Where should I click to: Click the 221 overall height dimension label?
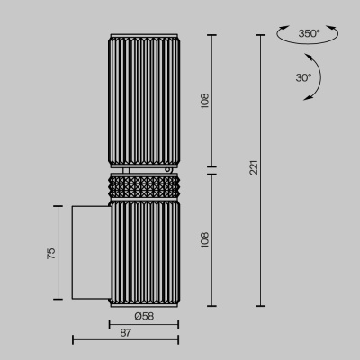(x=254, y=167)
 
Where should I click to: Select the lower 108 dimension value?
(x=204, y=238)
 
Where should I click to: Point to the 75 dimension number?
(x=51, y=253)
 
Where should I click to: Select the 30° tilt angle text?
(x=303, y=77)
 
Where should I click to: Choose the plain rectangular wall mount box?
(x=90, y=252)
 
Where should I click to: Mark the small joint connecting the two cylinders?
(x=144, y=168)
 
